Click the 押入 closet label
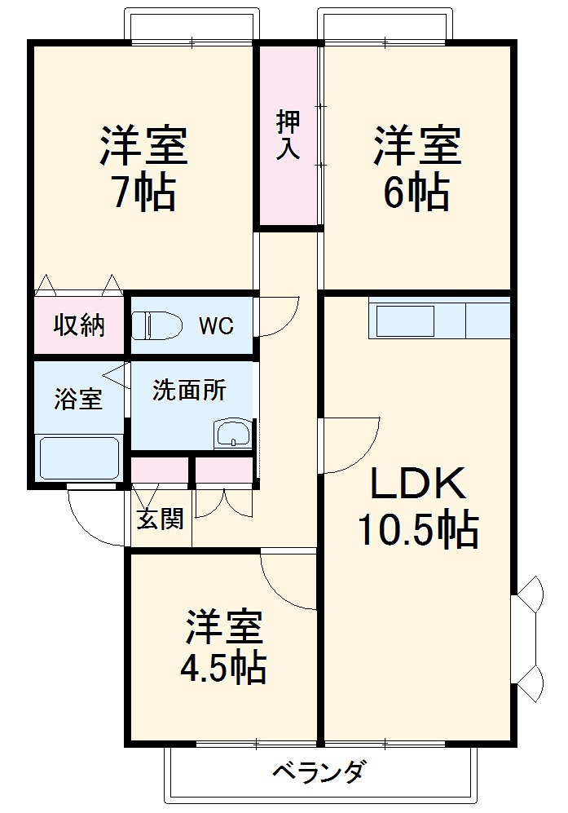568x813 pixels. coord(288,135)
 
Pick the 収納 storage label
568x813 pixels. coord(79,325)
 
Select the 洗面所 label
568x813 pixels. coord(189,391)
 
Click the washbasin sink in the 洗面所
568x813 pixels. coord(233,434)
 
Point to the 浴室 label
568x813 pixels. coord(78,400)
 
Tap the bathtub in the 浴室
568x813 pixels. coord(80,458)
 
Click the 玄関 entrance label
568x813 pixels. coord(160,519)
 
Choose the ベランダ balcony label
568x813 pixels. coord(317,771)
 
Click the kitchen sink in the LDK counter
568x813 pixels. coord(404,320)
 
